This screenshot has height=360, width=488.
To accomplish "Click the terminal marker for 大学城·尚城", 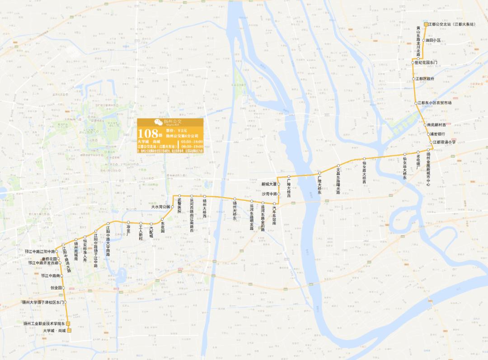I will click(x=69, y=331).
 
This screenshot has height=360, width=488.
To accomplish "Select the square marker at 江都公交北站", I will click(x=425, y=24).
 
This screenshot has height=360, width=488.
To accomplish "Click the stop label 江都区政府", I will click(x=426, y=79).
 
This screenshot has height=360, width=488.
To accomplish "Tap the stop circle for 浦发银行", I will click(x=428, y=134).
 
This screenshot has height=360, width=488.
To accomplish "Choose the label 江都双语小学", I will click(x=444, y=142).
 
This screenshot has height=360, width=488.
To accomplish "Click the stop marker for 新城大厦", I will click(x=279, y=184).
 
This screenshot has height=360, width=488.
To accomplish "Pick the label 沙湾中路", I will click(x=269, y=194).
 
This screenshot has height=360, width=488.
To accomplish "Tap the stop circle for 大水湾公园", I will click(x=172, y=207).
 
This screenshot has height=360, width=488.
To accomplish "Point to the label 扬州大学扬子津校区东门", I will click(x=42, y=302).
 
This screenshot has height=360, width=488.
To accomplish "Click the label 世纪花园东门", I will click(x=426, y=62).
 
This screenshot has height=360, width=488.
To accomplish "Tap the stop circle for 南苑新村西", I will click(x=424, y=125).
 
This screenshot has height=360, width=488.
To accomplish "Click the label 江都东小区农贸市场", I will click(x=434, y=103).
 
